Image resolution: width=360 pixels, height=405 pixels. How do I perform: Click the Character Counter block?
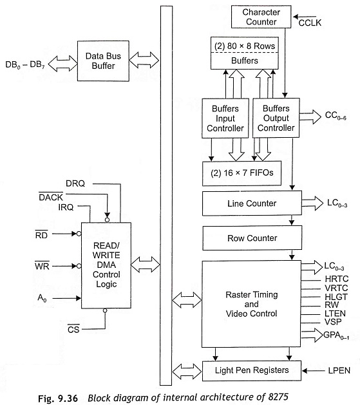coord(261,17)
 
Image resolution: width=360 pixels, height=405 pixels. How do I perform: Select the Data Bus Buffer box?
coord(103,61)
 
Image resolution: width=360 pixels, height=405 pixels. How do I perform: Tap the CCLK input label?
coord(310,23)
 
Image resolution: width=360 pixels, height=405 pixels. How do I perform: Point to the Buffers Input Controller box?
coord(225,118)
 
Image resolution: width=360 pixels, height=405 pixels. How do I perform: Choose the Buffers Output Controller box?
coord(276,118)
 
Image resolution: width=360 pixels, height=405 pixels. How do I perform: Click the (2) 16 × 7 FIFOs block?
coord(242,173)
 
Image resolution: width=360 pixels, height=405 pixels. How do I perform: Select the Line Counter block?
coord(252,203)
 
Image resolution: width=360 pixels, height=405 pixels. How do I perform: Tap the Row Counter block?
coord(252,238)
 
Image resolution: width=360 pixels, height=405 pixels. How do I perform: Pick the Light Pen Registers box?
coord(252,371)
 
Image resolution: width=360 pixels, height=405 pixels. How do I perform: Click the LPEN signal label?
coord(339,371)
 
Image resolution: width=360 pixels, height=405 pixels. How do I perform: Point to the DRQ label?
coord(75,184)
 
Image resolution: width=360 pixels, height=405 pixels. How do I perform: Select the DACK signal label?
coord(51,197)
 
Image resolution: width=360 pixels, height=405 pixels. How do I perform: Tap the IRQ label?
coord(66,207)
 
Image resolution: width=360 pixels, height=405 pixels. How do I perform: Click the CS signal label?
coord(73,329)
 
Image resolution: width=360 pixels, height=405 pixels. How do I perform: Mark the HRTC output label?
coord(337,279)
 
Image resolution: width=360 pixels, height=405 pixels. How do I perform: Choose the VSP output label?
coord(333,322)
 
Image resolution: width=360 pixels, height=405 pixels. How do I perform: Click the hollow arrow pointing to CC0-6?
coord(310,117)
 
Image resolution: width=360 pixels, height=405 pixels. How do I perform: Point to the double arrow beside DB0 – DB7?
coord(62,63)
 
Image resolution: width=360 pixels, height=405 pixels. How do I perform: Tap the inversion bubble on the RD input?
coord(79,234)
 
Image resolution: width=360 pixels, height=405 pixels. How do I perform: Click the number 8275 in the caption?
coord(278,397)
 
